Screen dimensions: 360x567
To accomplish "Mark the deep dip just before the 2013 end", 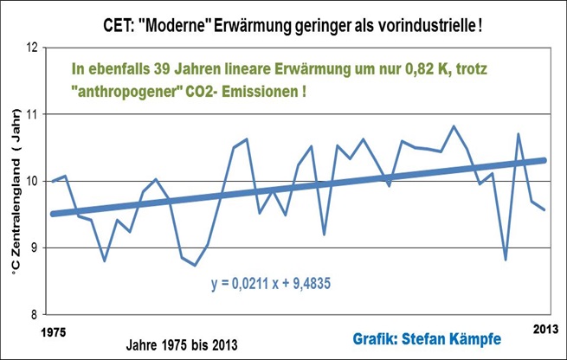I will click(x=505, y=259).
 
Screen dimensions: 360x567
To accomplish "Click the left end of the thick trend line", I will click(x=53, y=214).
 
